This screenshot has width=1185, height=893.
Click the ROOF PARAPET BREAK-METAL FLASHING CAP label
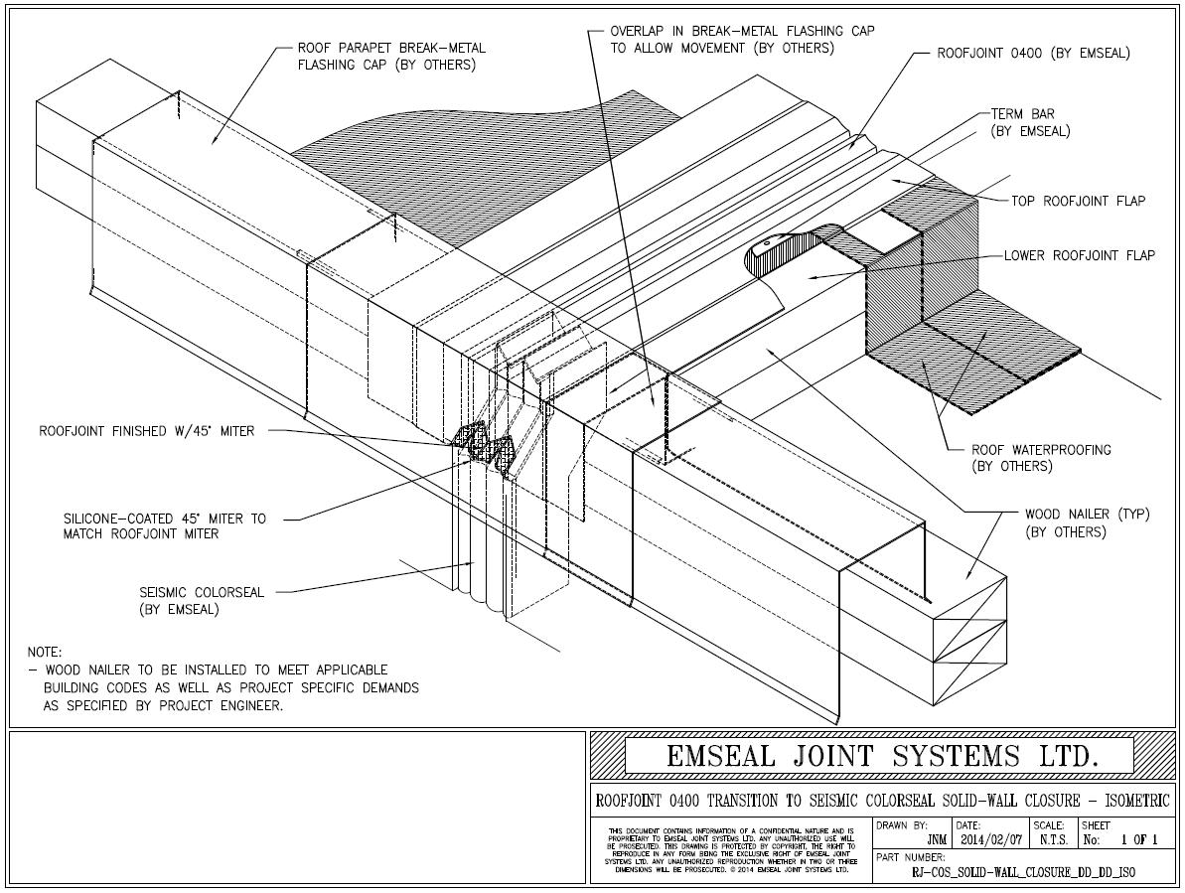[x=391, y=57]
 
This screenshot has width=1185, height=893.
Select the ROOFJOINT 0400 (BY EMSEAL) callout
[x=1033, y=54]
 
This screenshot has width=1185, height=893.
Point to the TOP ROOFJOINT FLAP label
[x=1078, y=201]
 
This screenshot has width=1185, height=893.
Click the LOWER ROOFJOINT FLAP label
[x=1079, y=255]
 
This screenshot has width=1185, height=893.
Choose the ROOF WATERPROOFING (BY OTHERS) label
[x=1041, y=458]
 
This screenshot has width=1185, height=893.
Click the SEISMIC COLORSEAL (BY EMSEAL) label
[x=202, y=600]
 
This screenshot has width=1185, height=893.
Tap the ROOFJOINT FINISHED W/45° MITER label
[x=146, y=431]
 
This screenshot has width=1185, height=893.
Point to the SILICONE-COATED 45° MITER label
[x=164, y=525]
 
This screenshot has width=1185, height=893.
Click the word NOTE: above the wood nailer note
[x=45, y=653]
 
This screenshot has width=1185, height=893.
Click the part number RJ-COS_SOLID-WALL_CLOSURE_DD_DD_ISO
[x=1024, y=871]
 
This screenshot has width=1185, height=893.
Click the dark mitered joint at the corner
[x=484, y=453]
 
